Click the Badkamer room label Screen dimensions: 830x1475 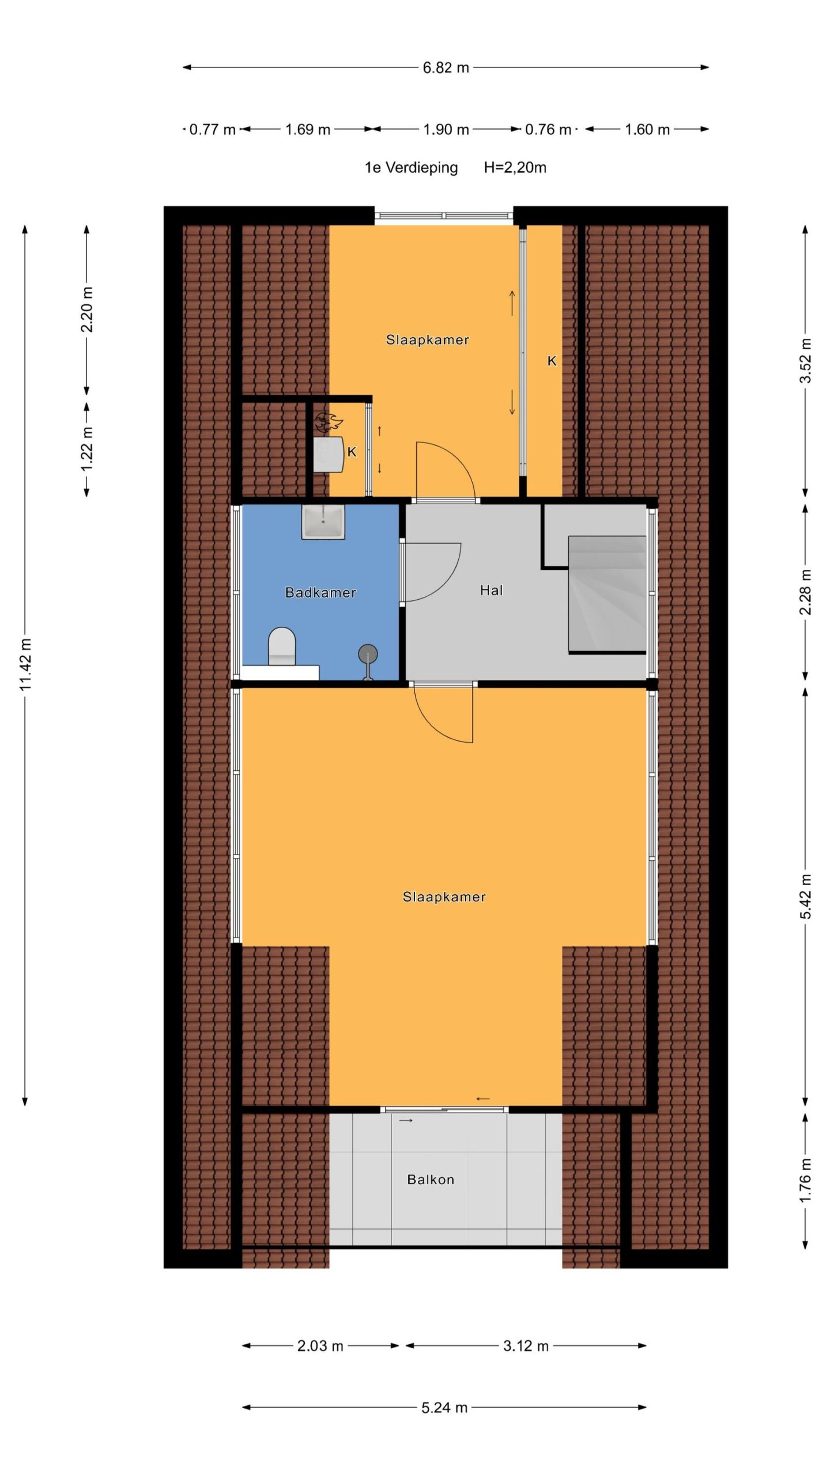(320, 592)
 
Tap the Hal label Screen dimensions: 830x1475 (491, 590)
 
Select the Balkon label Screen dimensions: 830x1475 (431, 1179)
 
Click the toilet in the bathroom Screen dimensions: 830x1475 (282, 646)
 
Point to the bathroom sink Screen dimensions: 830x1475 (323, 522)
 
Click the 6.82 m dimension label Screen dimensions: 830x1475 (446, 67)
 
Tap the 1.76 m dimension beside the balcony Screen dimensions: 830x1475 (806, 1180)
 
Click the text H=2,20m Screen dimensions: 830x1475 (515, 168)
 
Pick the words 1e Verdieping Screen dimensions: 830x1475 (411, 168)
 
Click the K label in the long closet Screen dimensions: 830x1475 (552, 361)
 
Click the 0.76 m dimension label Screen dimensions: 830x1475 (548, 129)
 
